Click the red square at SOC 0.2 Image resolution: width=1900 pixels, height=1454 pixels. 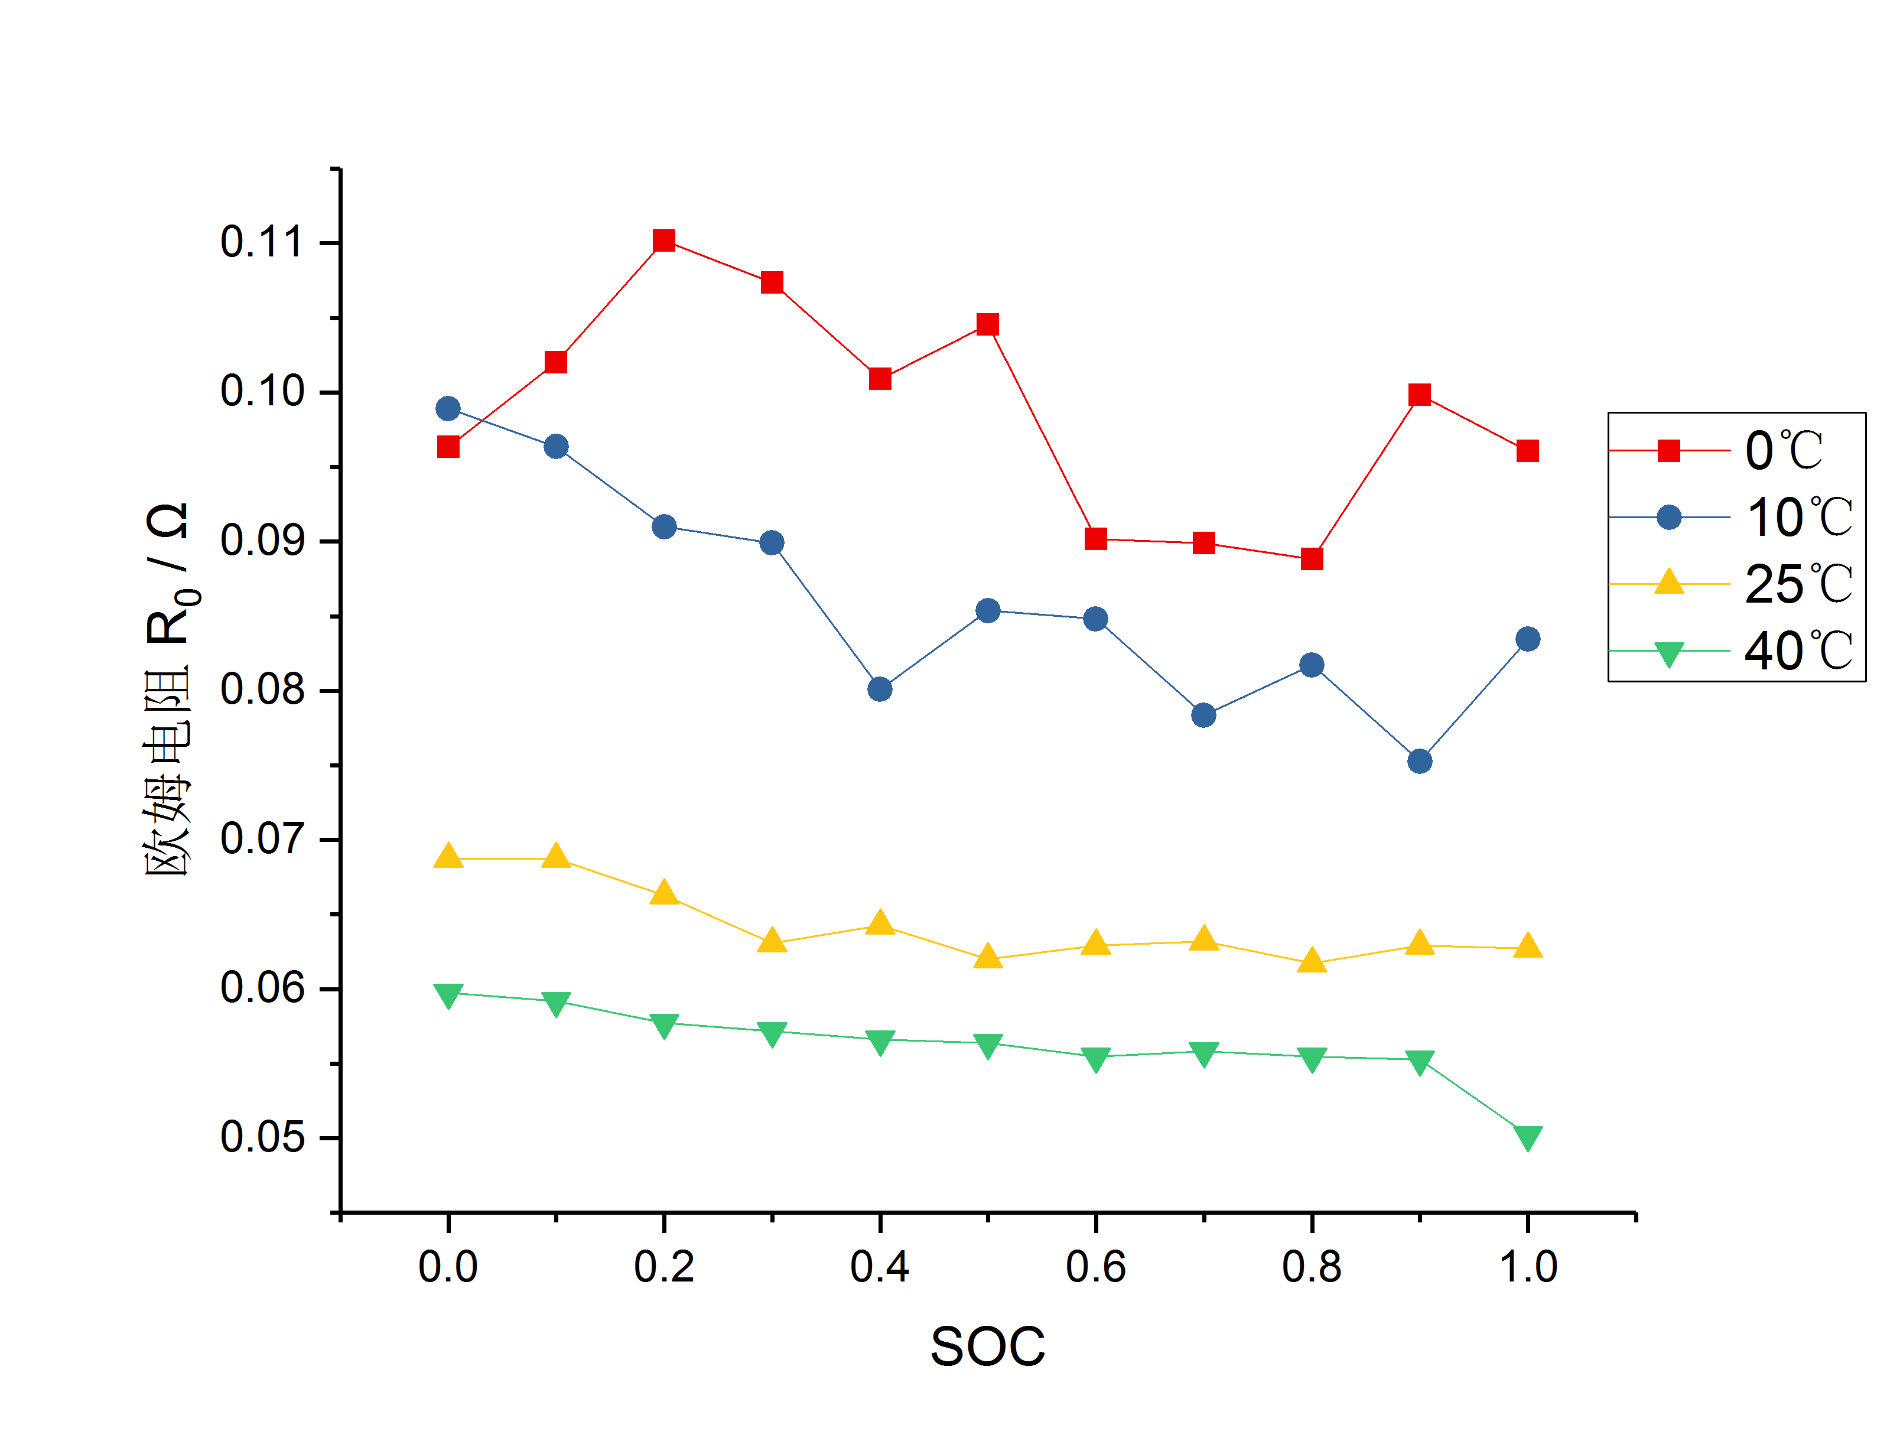[663, 240]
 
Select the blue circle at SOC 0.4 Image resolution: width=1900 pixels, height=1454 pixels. [880, 689]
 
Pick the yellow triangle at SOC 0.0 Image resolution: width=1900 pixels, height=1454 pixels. [448, 857]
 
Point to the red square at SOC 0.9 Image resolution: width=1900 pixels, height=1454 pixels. [1420, 395]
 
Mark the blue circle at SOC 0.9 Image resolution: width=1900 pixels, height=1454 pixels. [1420, 762]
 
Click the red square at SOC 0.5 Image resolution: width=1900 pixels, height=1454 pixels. [988, 324]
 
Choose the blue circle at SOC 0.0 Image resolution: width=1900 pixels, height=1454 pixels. [448, 408]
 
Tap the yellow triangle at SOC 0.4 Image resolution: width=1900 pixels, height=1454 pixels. [880, 923]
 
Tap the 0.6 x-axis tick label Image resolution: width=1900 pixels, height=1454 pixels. [1095, 1267]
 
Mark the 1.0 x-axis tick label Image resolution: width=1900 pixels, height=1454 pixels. [1528, 1267]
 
